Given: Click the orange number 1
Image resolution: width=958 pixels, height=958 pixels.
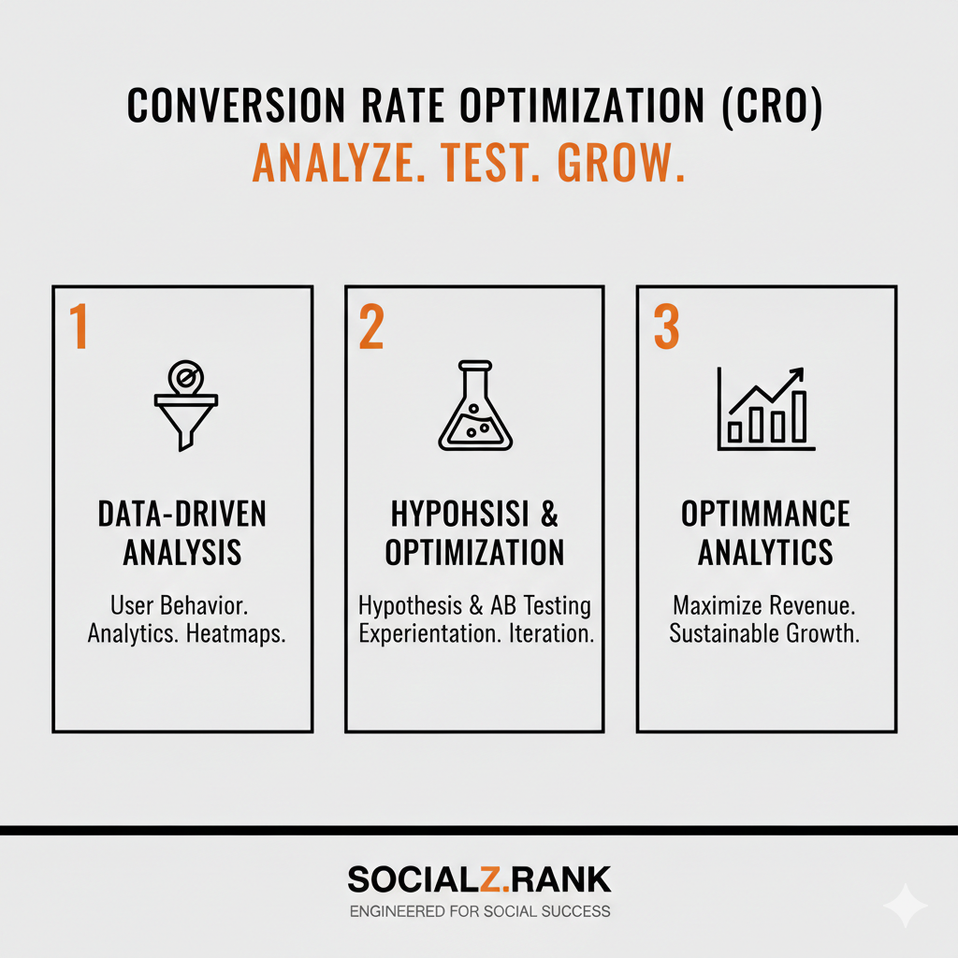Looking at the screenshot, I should pyautogui.click(x=80, y=327).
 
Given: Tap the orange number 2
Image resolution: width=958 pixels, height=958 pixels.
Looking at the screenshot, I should pyautogui.click(x=371, y=327).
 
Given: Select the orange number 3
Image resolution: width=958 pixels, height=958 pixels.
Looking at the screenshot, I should pyautogui.click(x=665, y=327).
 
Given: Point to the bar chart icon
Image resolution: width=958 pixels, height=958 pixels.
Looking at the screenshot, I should pyautogui.click(x=764, y=410).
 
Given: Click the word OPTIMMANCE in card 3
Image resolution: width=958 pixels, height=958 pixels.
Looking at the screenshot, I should pyautogui.click(x=765, y=514).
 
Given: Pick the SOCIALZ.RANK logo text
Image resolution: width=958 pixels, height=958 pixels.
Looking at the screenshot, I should pyautogui.click(x=479, y=879).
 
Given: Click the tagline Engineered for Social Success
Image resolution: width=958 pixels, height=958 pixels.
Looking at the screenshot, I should pyautogui.click(x=479, y=910).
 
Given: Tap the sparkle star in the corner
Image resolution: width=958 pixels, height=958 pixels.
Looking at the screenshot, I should pyautogui.click(x=905, y=905).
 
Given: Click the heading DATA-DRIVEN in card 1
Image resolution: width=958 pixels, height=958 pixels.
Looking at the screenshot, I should pyautogui.click(x=182, y=514).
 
